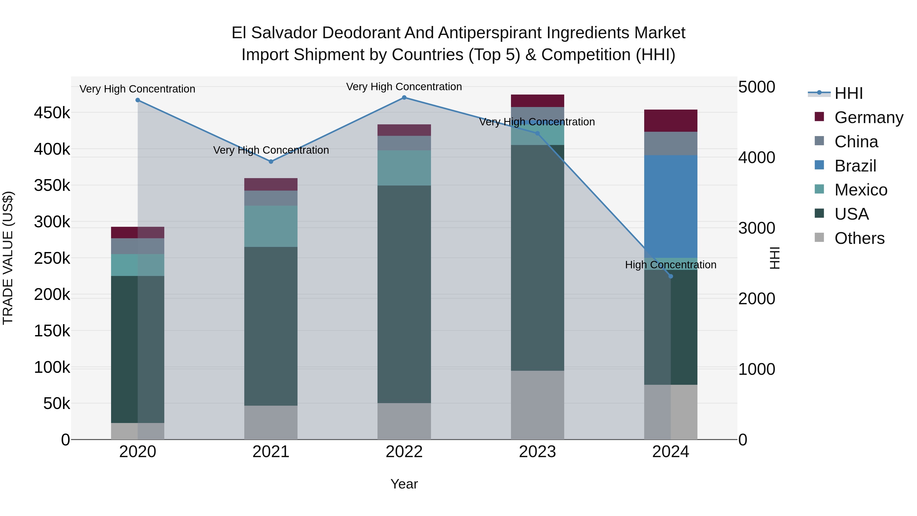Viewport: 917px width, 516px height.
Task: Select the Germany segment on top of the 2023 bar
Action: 537,101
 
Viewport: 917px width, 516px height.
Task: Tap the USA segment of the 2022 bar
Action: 404,294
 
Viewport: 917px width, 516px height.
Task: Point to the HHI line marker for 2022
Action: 404,98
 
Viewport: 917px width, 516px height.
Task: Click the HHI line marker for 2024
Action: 671,276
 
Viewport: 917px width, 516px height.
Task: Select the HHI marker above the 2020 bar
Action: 138,100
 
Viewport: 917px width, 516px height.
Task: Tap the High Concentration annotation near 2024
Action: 671,265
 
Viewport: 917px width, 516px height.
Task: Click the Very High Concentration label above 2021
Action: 271,150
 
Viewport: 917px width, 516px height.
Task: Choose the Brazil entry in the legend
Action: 855,166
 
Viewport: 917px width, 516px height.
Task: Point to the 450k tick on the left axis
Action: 52,113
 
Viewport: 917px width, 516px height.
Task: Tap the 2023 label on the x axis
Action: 537,452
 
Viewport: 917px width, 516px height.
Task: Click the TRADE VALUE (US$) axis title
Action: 8,258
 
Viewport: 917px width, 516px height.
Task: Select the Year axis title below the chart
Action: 404,484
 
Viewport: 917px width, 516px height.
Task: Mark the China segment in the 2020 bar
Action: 138,246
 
